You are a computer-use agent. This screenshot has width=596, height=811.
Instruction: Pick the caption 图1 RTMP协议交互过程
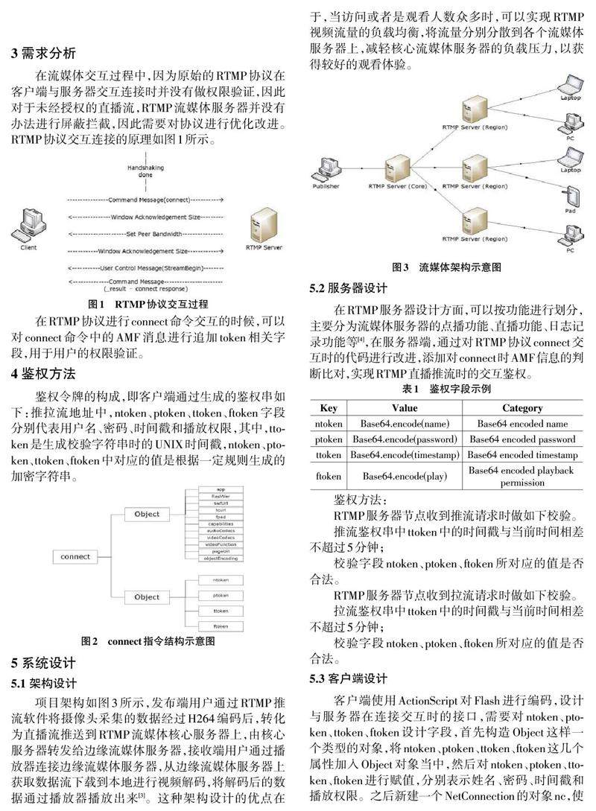[x=147, y=304]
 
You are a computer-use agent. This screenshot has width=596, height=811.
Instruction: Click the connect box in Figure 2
[x=76, y=556]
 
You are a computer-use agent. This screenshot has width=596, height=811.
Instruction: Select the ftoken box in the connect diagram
[x=220, y=626]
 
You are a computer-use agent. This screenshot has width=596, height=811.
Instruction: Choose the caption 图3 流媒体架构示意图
[x=446, y=266]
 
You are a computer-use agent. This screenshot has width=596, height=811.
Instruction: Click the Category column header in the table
[x=522, y=408]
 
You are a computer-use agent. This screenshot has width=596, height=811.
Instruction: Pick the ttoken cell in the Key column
[x=329, y=455]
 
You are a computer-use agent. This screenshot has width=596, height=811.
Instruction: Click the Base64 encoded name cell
[x=522, y=424]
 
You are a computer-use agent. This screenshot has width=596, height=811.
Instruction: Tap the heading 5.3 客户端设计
[x=348, y=678]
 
